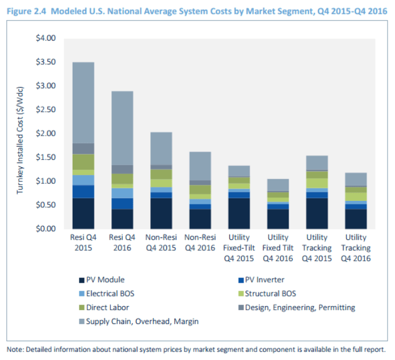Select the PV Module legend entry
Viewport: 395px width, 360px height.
[103, 280]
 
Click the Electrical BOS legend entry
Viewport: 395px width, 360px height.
[108, 294]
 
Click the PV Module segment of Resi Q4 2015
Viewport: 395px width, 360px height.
[83, 213]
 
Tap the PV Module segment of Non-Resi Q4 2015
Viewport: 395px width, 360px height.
[161, 213]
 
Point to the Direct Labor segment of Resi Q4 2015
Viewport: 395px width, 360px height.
[83, 162]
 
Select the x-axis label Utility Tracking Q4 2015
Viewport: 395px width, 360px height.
[316, 247]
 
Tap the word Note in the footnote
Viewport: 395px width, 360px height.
[15, 349]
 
